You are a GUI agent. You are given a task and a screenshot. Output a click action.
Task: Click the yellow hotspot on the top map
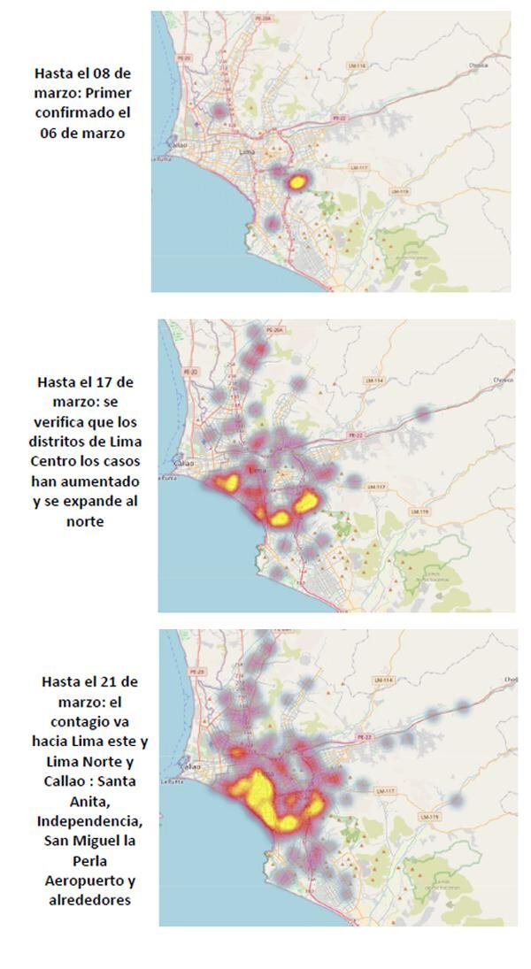(296, 182)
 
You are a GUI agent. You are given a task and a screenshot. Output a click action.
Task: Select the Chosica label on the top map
(479, 64)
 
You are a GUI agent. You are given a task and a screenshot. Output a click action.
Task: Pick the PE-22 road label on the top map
(336, 117)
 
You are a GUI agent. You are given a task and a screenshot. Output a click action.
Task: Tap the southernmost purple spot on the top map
(273, 223)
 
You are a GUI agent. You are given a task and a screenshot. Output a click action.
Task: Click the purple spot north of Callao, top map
(219, 112)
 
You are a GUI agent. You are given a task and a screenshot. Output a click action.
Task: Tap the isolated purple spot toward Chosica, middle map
(424, 413)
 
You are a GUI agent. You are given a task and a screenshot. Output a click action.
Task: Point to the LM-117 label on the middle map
(377, 487)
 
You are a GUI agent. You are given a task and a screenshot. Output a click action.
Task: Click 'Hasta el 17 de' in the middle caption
(87, 382)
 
